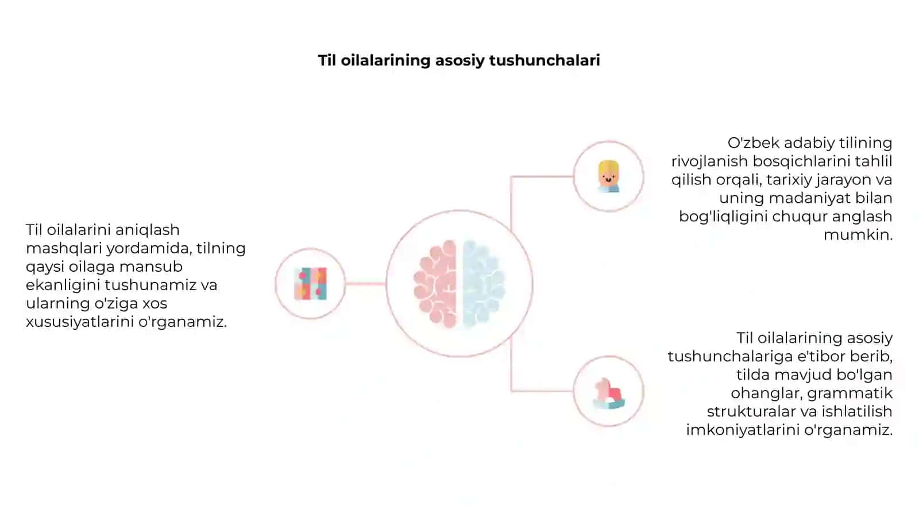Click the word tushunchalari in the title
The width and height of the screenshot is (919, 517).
pos(545,60)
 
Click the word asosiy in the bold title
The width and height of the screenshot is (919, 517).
pos(459,61)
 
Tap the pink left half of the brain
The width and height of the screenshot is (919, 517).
pos(435,284)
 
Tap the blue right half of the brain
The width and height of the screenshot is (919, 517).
pos(483,284)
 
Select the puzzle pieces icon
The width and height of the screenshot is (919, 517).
pos(311,284)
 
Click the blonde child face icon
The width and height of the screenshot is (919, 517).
pos(608,176)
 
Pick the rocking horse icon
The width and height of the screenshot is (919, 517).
pos(608,393)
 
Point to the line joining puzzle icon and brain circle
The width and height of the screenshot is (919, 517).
pos(365,284)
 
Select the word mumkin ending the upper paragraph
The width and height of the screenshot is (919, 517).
pos(858,235)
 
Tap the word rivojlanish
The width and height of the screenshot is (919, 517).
pos(709,161)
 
